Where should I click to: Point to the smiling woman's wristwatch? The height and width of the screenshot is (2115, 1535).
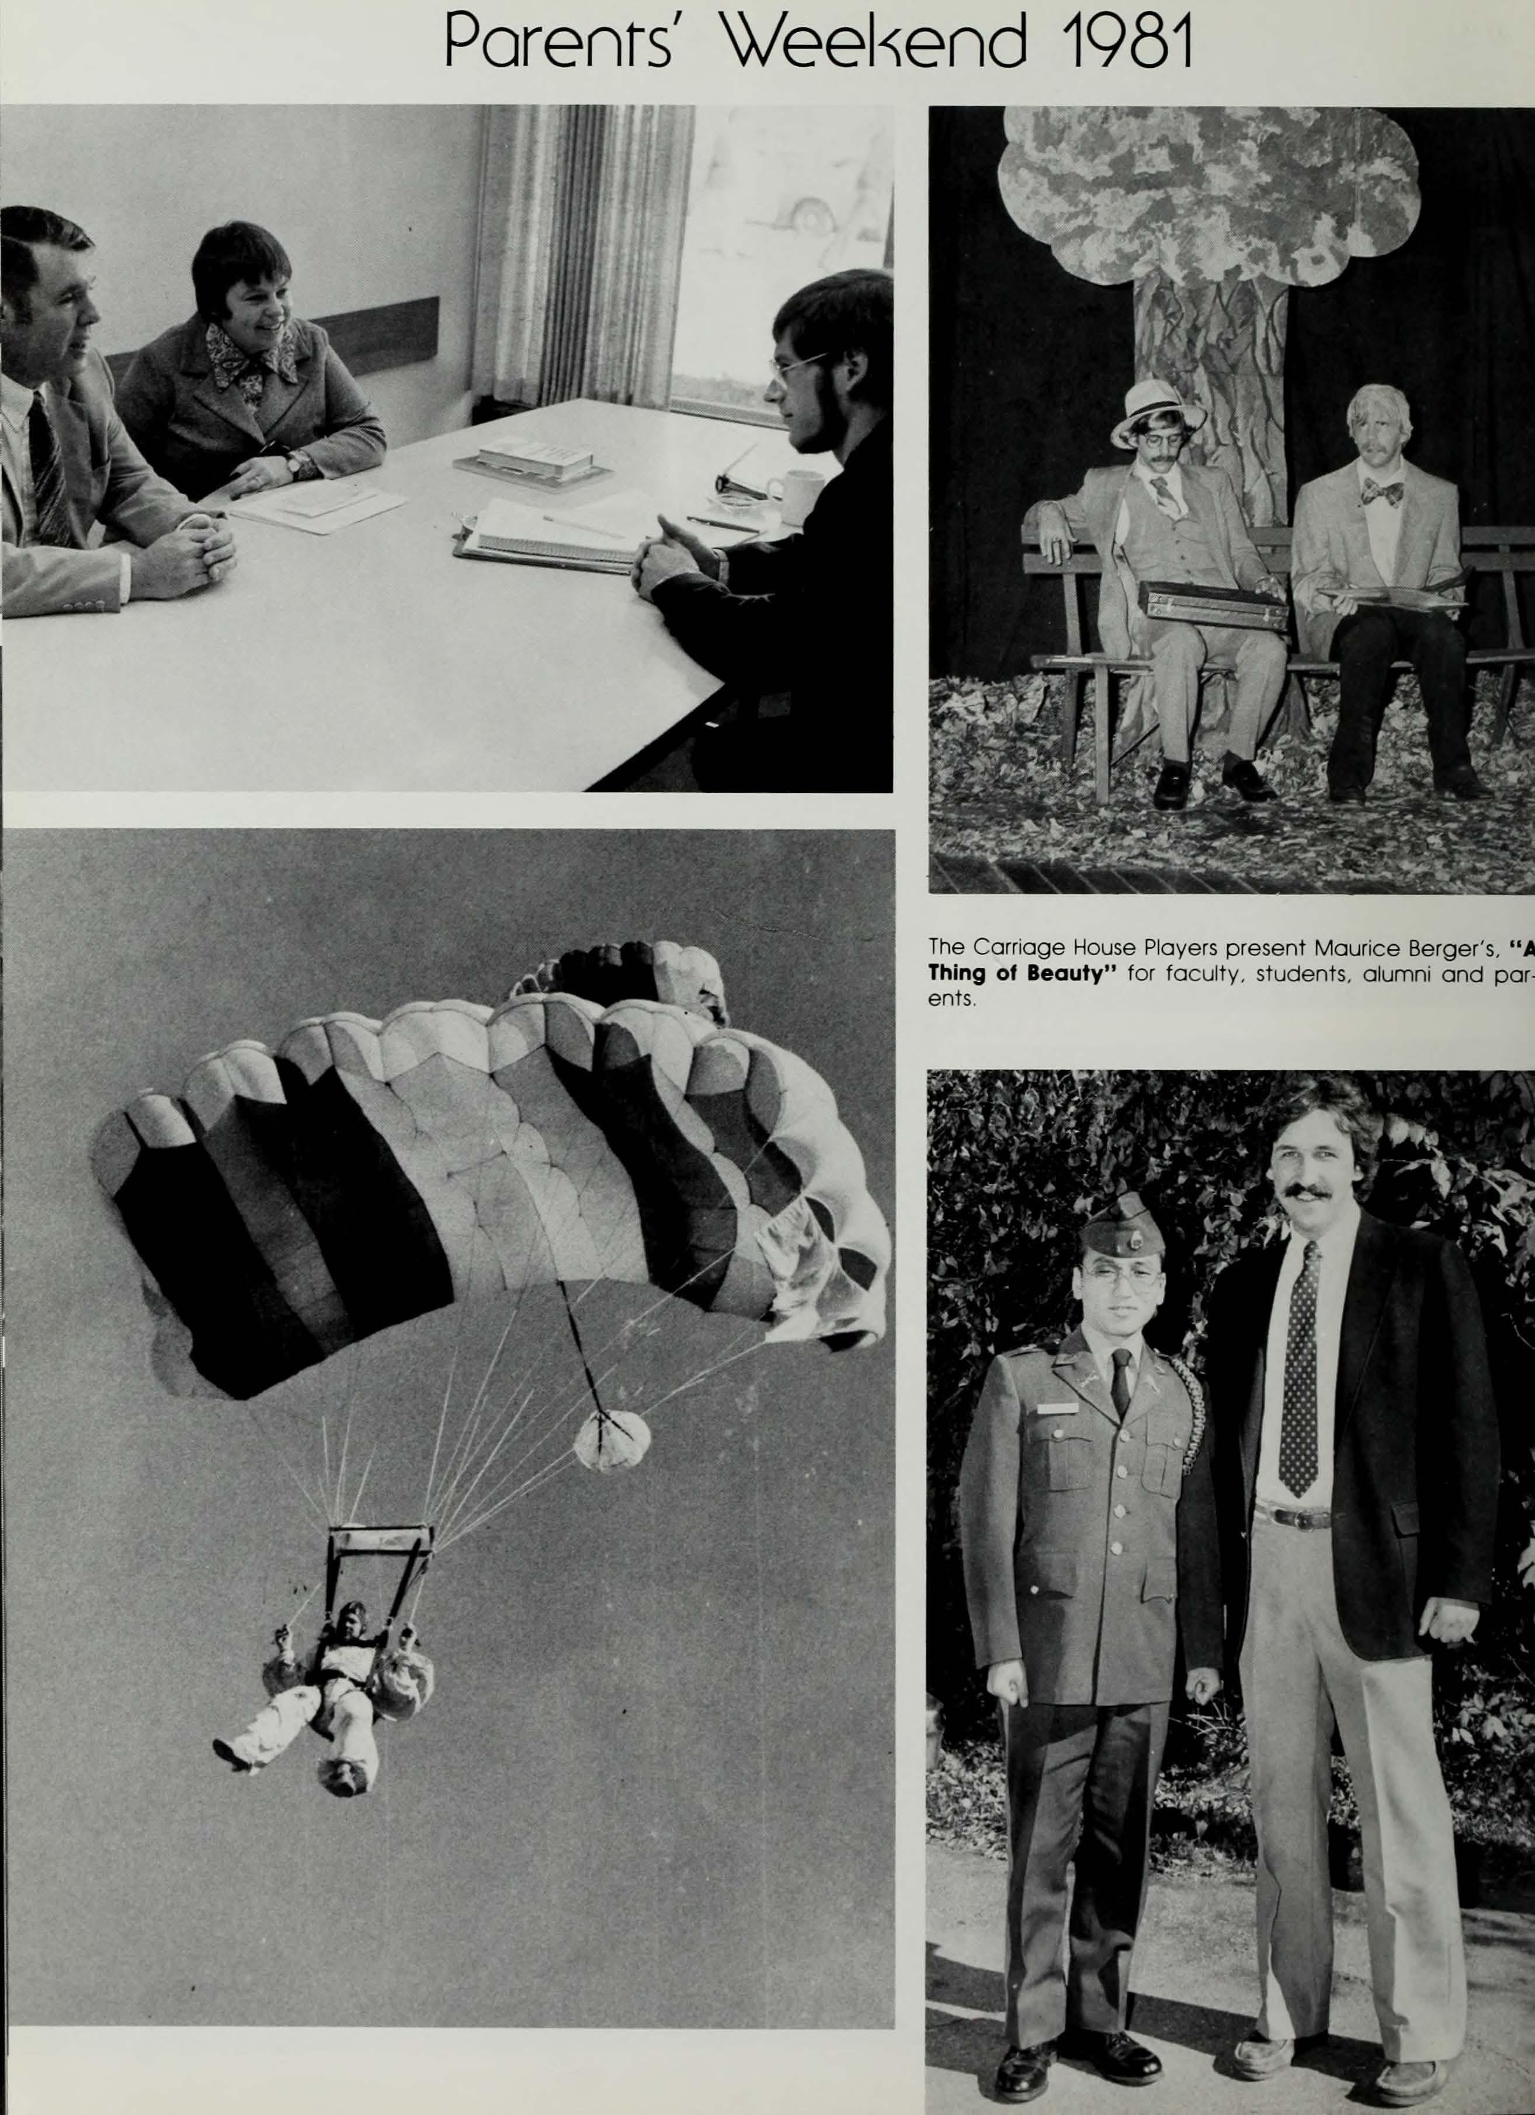click(x=297, y=463)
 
